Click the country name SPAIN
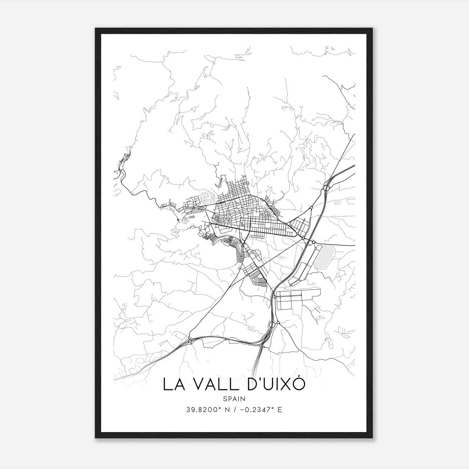234,399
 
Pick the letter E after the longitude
280,410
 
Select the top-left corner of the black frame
96,29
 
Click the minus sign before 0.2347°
242,410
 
